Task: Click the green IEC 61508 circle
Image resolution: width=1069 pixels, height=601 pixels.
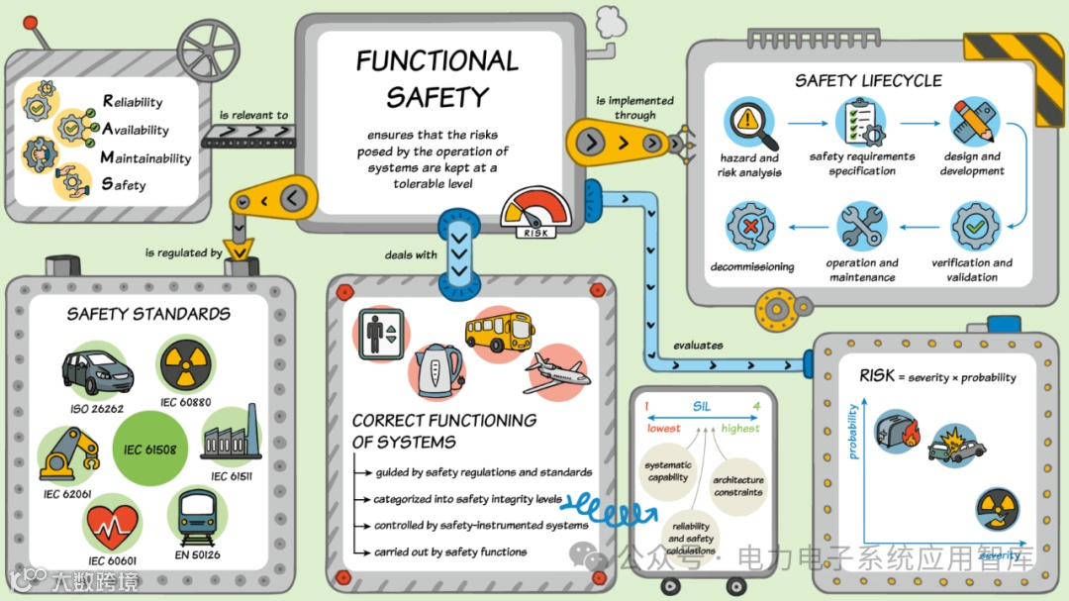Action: [150, 450]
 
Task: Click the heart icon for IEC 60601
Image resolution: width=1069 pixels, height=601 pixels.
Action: [113, 523]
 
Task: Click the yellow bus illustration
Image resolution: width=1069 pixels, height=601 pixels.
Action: [499, 332]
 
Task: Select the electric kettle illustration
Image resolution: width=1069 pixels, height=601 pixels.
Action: [436, 368]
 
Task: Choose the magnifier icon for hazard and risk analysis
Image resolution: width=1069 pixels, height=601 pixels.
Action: [748, 124]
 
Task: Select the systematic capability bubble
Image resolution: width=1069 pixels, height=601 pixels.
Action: [667, 471]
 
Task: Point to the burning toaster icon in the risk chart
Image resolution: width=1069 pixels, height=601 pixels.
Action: [897, 433]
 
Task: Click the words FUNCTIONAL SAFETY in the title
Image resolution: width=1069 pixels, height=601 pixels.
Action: [437, 78]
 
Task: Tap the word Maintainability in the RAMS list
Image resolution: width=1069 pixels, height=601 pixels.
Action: [146, 158]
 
